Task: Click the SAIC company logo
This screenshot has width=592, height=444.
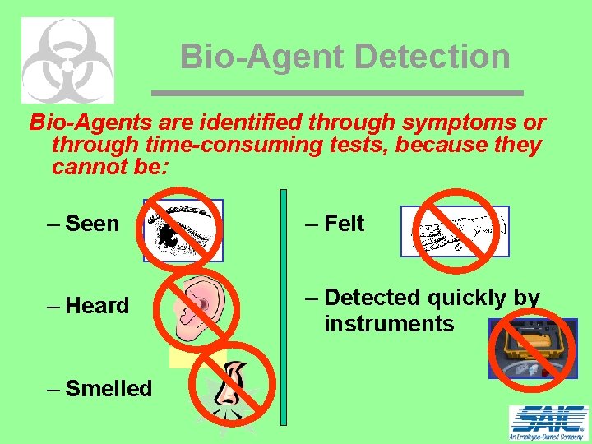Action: [548, 423]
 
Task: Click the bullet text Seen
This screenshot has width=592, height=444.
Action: [91, 223]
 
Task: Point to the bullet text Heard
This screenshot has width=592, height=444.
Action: [96, 305]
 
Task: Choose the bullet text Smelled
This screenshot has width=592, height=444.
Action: [108, 388]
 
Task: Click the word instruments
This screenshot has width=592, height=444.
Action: [389, 324]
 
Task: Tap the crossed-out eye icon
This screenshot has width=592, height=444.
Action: [182, 230]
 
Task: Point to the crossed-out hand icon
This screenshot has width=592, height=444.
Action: [454, 231]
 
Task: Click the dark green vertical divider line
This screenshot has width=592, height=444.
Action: [284, 308]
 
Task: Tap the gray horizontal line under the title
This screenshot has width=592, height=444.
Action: [337, 92]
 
